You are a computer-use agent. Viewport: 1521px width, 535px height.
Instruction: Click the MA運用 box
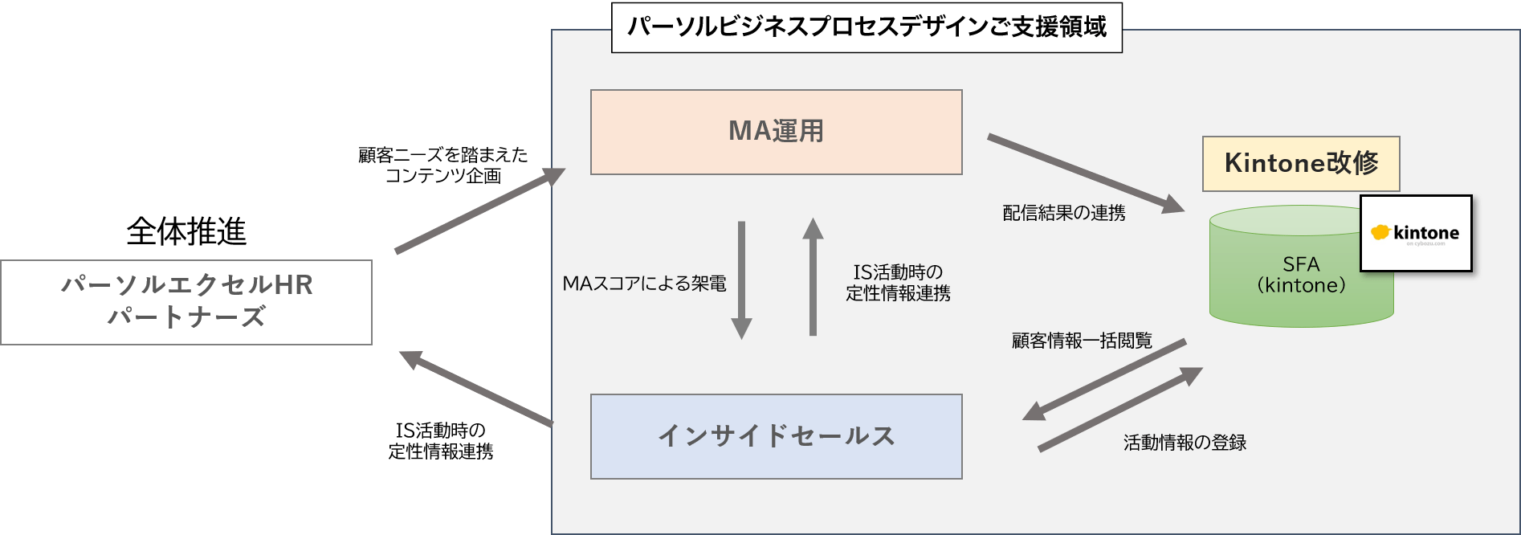point(776,132)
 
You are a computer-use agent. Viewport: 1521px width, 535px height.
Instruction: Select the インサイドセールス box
point(776,436)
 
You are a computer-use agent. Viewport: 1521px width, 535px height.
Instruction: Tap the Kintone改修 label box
point(1300,164)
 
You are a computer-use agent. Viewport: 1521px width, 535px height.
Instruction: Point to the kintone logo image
point(1415,233)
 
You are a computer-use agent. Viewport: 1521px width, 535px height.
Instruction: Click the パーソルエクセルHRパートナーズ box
point(186,302)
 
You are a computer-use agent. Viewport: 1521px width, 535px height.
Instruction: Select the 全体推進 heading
point(186,231)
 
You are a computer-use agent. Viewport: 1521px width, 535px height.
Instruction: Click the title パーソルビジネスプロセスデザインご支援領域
point(866,27)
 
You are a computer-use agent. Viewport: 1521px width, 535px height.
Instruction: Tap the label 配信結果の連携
point(1063,213)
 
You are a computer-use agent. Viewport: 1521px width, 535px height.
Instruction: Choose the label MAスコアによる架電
point(644,284)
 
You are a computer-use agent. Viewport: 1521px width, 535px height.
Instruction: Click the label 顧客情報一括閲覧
point(1081,341)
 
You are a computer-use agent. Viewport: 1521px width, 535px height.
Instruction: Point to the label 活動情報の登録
point(1185,443)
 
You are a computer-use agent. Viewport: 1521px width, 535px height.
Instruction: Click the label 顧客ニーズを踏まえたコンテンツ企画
point(443,165)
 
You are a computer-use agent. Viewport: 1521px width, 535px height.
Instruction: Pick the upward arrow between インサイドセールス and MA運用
point(813,277)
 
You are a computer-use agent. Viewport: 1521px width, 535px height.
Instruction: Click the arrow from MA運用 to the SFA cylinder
point(1084,173)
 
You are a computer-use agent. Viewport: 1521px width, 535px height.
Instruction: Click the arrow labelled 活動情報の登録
point(1119,410)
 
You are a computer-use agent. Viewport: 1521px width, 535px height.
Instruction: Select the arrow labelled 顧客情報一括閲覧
point(1105,379)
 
